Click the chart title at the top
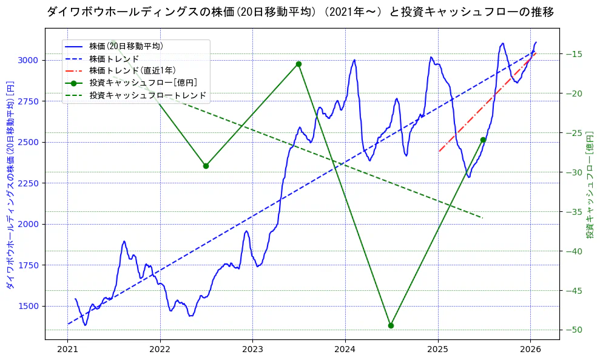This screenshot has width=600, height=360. [300, 12]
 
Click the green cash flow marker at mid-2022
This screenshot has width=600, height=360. [206, 166]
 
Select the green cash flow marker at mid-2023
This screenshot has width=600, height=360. [298, 64]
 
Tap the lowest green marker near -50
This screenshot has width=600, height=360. [391, 325]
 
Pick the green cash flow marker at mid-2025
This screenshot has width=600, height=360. [483, 140]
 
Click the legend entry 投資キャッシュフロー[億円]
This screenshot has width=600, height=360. [143, 83]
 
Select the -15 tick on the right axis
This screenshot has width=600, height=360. [573, 54]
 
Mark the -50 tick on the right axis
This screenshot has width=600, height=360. [573, 330]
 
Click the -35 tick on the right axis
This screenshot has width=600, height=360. [573, 212]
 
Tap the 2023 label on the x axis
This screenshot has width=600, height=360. [252, 349]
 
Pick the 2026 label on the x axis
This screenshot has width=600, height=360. [530, 349]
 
